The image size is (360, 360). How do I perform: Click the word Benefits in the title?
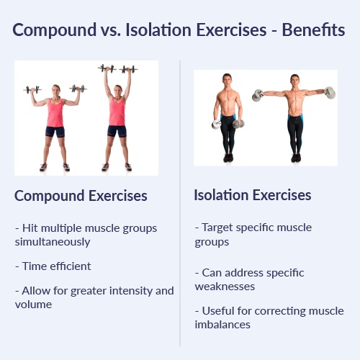point(313,30)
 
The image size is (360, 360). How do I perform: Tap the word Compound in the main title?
point(55,30)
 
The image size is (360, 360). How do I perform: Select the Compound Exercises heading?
point(81,196)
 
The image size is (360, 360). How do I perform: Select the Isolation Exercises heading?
point(253,195)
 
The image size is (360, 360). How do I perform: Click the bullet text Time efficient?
point(53,266)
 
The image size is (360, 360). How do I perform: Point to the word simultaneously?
point(53,242)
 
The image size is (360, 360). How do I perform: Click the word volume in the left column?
point(33,305)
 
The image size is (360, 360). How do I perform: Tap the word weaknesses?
point(225,287)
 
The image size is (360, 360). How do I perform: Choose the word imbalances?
point(222,325)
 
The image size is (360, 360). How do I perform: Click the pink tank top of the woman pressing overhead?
point(117,111)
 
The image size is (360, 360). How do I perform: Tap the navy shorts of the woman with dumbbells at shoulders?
point(55,132)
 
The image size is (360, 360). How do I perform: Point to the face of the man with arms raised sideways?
point(294,81)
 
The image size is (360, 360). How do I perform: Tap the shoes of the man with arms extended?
point(296,158)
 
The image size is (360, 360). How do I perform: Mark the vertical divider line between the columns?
point(180,203)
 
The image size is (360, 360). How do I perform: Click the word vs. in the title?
point(111,30)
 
